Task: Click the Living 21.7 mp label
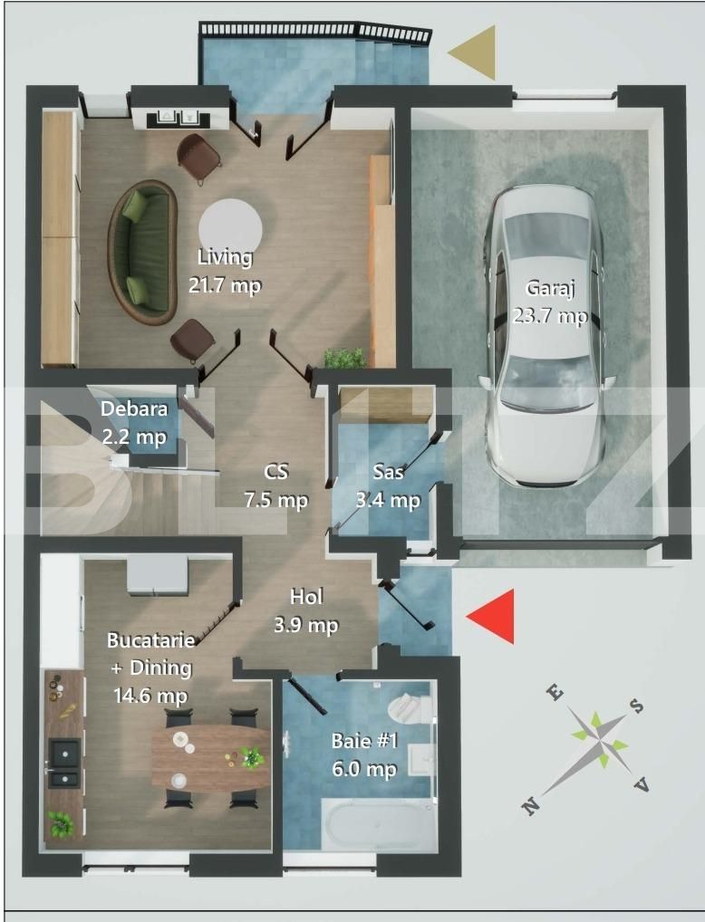click(225, 271)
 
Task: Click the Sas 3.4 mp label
click(396, 486)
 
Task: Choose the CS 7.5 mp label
click(275, 486)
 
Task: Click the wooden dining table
click(210, 757)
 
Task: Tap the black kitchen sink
click(64, 763)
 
